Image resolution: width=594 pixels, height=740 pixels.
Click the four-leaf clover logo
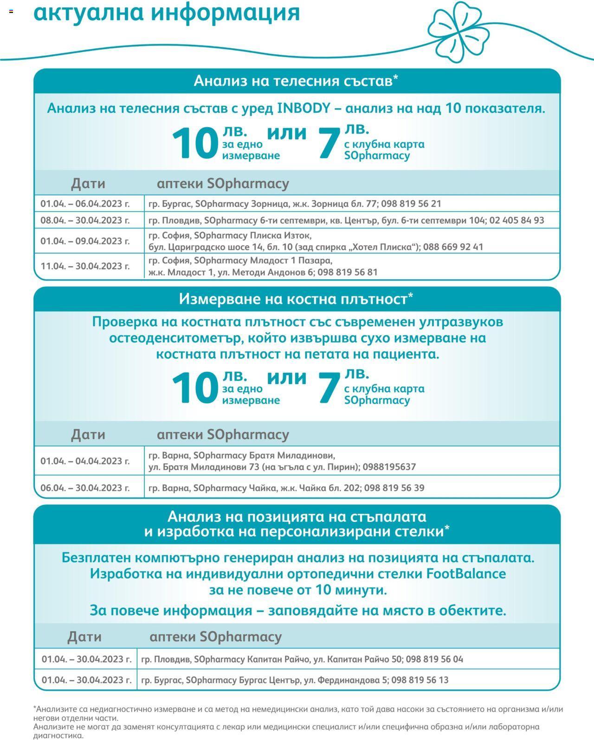458,32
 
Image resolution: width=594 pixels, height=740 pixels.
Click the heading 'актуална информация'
167,13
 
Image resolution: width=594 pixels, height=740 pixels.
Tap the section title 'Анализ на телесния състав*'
296,81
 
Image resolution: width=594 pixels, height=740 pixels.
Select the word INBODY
303,108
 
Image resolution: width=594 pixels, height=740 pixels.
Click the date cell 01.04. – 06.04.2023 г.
85,204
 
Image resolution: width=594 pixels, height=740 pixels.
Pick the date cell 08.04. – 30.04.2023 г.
85,220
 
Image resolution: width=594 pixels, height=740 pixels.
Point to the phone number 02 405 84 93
517,220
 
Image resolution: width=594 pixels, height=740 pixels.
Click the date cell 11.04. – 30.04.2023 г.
85,266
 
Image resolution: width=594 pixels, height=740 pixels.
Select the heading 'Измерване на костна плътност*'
296,299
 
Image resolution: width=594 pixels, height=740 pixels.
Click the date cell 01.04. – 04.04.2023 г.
85,461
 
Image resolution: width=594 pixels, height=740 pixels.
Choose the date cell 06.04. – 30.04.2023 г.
85,488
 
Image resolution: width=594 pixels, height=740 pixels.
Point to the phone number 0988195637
389,467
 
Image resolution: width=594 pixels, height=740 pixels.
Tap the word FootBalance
466,574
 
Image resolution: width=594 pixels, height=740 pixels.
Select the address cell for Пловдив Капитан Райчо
302,659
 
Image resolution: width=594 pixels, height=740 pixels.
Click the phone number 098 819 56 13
420,680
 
